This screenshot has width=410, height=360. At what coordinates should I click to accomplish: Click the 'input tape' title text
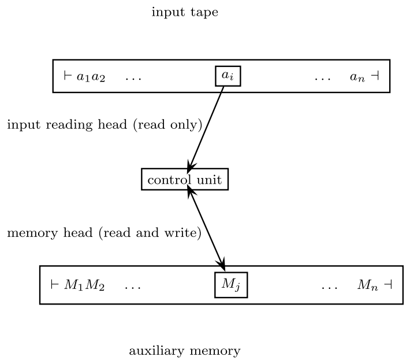coord(185,12)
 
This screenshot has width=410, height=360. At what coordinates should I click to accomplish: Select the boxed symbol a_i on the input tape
coord(228,76)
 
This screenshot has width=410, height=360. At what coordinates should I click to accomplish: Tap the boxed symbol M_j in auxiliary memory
coord(231,284)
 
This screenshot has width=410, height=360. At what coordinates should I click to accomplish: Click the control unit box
coord(185,180)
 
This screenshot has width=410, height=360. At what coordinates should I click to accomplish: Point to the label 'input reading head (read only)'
coord(105,125)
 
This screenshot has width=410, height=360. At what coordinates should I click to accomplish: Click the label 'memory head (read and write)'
coord(104,233)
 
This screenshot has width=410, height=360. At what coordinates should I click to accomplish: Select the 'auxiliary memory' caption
coord(185,351)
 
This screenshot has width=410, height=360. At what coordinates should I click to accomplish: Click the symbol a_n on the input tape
coord(357,77)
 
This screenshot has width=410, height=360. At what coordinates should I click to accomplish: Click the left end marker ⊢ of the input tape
coord(67,76)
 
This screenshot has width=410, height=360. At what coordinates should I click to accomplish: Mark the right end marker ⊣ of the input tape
coord(375,76)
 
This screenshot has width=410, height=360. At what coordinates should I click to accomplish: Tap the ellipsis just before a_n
coord(323,77)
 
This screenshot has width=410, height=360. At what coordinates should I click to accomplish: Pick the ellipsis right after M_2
coord(132,286)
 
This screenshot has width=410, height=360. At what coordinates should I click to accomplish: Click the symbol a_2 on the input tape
coord(98,77)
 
